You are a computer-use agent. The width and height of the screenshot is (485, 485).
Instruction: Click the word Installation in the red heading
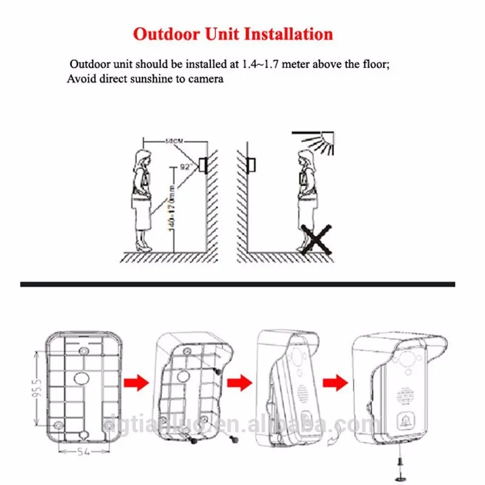pyautogui.click(x=288, y=33)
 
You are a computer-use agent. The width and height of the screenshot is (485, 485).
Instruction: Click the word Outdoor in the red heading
pyautogui.click(x=165, y=33)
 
